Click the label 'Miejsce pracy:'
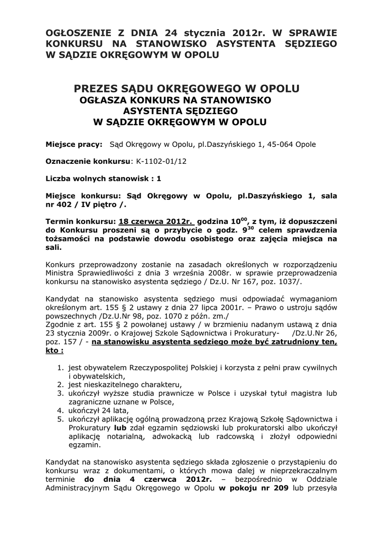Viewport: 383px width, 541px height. pos(74,145)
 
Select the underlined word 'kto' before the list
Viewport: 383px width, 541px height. pos(53,350)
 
